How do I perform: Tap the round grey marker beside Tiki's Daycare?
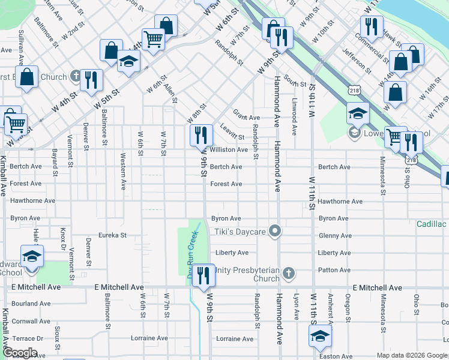[x=276, y=230]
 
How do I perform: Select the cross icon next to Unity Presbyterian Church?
[x=289, y=274]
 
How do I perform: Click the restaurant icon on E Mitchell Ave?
[x=204, y=275]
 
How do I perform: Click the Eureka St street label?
[x=114, y=236]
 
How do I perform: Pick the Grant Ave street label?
[x=246, y=118]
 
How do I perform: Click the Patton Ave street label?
[x=334, y=270]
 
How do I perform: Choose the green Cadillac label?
[x=432, y=224]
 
